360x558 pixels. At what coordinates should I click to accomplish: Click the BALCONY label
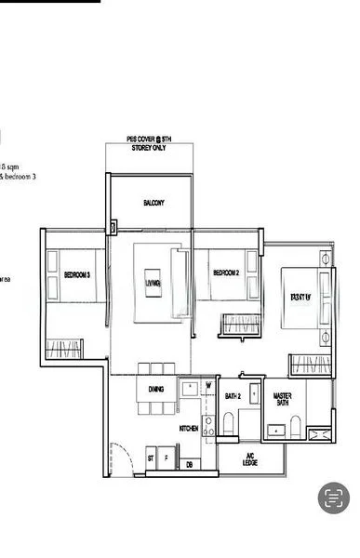153,202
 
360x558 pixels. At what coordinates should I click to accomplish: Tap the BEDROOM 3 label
76,275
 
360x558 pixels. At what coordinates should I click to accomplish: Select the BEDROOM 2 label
226,272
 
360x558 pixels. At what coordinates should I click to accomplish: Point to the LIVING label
153,283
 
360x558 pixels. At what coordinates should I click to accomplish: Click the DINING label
156,390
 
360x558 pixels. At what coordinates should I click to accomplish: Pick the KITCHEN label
191,429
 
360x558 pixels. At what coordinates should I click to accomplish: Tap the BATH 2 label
233,397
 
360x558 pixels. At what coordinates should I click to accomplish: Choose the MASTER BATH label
283,399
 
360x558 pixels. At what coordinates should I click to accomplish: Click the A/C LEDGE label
250,459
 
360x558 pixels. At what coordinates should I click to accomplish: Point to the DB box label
189,464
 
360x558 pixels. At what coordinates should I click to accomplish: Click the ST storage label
150,458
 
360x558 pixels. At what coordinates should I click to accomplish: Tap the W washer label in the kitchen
208,384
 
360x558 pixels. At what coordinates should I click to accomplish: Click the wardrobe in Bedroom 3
65,351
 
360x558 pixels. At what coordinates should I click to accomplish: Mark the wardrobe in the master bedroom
311,365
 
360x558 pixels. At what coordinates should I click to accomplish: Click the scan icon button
333,498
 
